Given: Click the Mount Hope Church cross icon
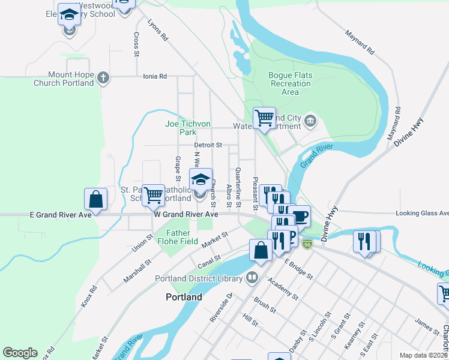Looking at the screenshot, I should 103,77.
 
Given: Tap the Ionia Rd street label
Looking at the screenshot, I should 154,77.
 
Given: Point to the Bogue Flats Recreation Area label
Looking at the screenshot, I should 290,84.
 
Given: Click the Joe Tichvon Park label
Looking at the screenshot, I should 188,128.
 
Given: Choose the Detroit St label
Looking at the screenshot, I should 208,145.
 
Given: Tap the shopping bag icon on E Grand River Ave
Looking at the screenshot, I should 96,199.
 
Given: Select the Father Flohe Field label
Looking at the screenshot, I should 178,238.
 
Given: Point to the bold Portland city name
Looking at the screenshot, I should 184,297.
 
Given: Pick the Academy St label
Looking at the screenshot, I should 283,288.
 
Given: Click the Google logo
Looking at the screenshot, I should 20,353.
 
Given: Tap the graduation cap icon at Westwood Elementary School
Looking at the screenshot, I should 70,14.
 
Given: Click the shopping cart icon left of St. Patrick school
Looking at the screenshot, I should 154,194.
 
